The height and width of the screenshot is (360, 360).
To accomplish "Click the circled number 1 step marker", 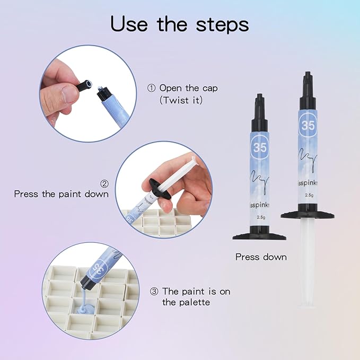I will (x=152, y=88).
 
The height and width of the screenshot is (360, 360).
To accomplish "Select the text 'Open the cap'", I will (x=188, y=88).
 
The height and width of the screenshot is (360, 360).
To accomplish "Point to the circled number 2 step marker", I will (x=104, y=183).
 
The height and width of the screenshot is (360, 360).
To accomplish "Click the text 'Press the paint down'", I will (x=62, y=194).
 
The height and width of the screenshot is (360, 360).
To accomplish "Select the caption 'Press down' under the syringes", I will (x=261, y=257).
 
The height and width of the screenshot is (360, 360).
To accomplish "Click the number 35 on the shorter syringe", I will (x=260, y=148).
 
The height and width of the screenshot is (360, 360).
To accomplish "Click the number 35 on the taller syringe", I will (x=308, y=125).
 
